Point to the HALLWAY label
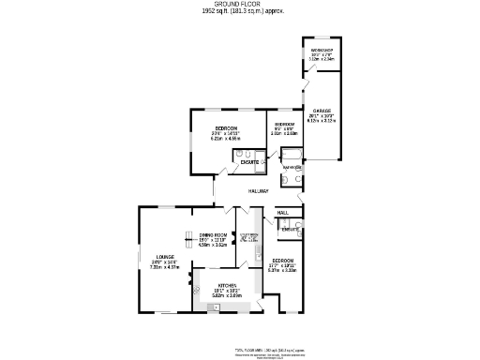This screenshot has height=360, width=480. [259, 191]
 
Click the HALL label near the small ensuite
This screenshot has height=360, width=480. [282, 213]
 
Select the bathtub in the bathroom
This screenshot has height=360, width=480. [291, 157]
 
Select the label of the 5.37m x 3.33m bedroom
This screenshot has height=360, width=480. [283, 260]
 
